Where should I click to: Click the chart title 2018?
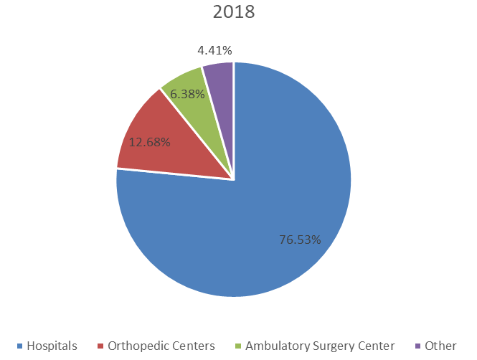[234, 13]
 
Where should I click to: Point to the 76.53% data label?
[299, 239]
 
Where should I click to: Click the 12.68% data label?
[149, 142]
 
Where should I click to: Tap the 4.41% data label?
[214, 50]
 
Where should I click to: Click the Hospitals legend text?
[52, 346]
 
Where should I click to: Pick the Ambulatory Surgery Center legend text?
[320, 346]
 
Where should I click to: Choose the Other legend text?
[440, 346]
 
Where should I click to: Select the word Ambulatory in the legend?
[275, 346]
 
